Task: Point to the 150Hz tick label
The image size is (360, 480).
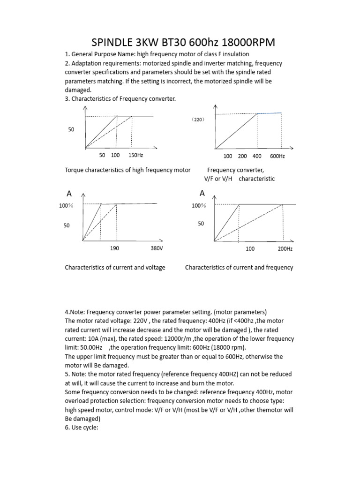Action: pyautogui.click(x=136, y=155)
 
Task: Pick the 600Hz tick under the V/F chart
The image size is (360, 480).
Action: pyautogui.click(x=277, y=156)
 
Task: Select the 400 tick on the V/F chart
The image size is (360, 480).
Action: pyautogui.click(x=257, y=156)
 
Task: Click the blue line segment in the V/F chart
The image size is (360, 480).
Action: pyautogui.click(x=269, y=113)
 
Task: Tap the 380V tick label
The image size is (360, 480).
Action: pyautogui.click(x=157, y=248)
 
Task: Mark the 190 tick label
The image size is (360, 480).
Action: pyautogui.click(x=114, y=248)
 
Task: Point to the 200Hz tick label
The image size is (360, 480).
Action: pyautogui.click(x=285, y=249)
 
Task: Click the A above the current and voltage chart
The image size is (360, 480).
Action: pyautogui.click(x=69, y=193)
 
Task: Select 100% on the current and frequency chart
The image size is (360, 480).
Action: pyautogui.click(x=199, y=205)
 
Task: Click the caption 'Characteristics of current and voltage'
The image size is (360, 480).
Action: pyautogui.click(x=115, y=268)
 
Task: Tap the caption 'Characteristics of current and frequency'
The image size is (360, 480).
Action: pyautogui.click(x=239, y=268)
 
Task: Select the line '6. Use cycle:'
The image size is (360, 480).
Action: pyautogui.click(x=81, y=427)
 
